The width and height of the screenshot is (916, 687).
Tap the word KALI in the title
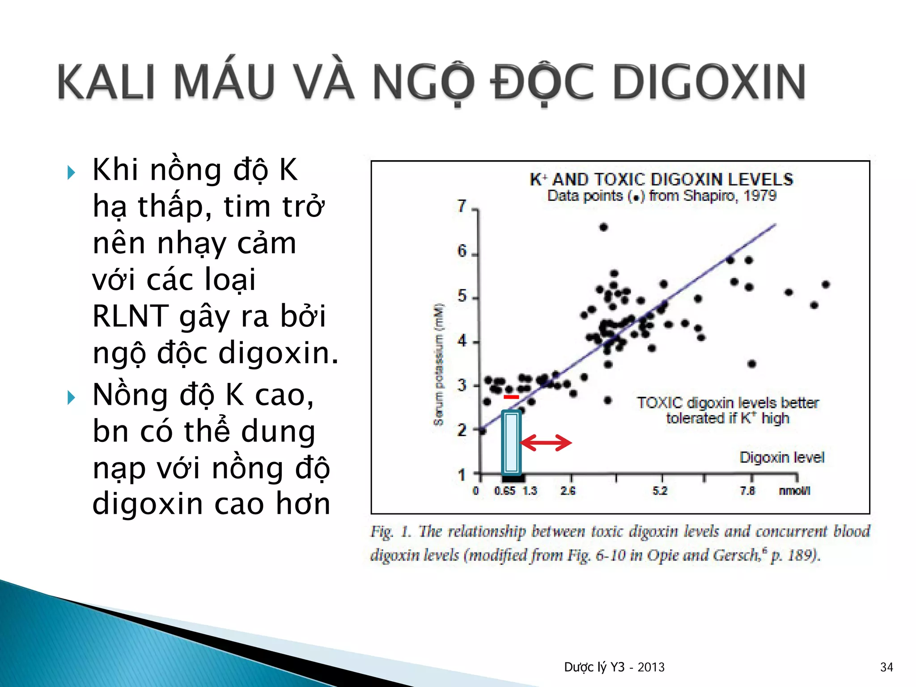click(106, 82)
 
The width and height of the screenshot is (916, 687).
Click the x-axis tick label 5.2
click(660, 491)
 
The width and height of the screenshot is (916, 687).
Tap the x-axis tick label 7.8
click(747, 491)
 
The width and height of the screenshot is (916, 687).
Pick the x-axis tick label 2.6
click(568, 491)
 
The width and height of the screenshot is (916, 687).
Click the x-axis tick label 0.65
click(505, 491)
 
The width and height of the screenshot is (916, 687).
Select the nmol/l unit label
click(794, 491)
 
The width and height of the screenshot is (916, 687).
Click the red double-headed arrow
click(546, 443)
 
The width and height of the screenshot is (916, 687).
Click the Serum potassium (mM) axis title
click(439, 365)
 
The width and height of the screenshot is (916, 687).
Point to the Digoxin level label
click(782, 458)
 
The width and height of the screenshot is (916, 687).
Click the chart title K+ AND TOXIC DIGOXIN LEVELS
click(662, 180)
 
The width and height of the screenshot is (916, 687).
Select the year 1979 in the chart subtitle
click(760, 196)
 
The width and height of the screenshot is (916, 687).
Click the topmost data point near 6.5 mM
click(603, 227)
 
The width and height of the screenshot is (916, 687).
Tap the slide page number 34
click(886, 667)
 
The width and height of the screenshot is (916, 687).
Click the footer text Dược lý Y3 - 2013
click(614, 667)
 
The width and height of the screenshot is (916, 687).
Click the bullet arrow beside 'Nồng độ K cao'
click(71, 397)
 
